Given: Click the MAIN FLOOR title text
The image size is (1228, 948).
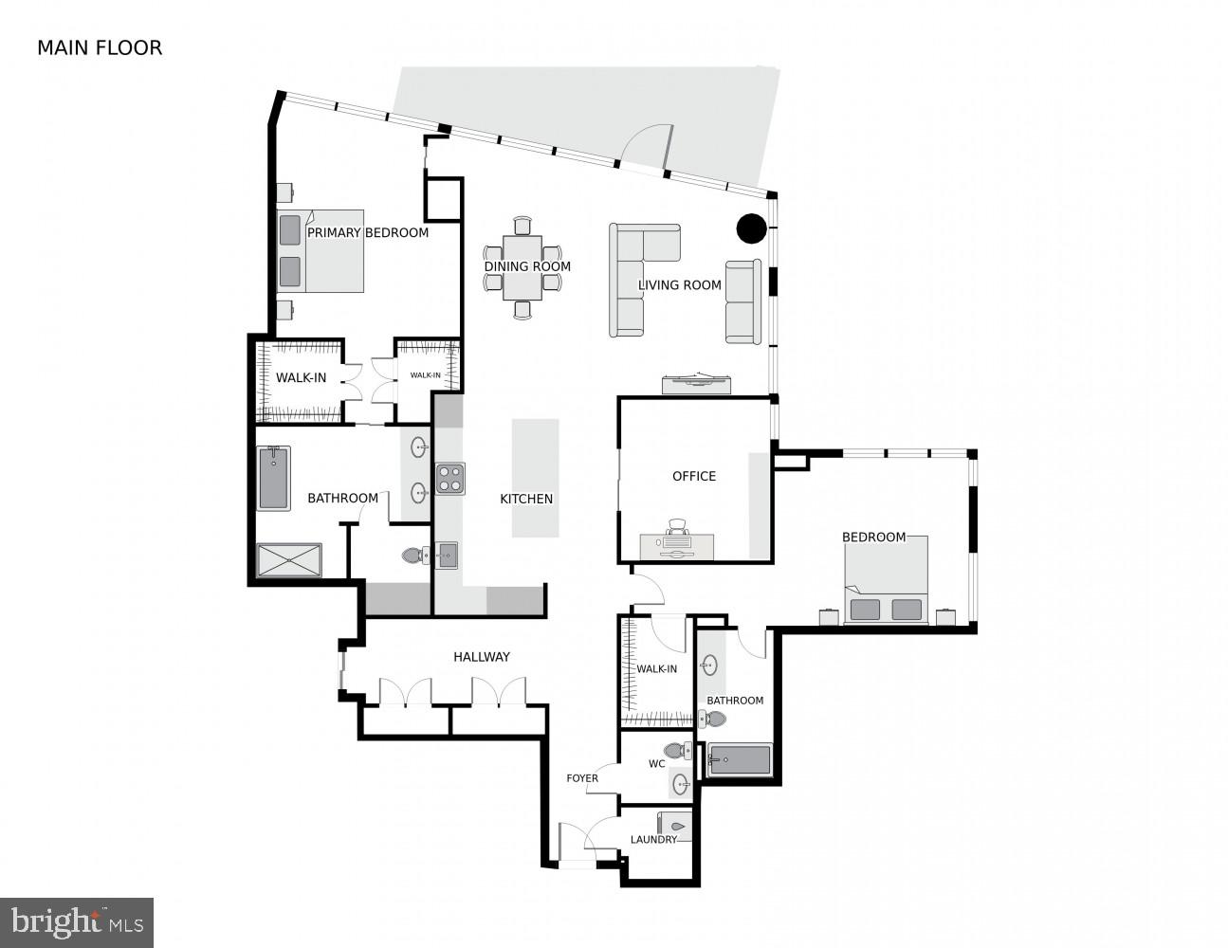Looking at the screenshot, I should click(x=100, y=47).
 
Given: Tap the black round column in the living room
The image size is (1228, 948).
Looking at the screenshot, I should click(x=752, y=228).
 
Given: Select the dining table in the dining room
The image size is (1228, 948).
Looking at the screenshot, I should click(x=522, y=267).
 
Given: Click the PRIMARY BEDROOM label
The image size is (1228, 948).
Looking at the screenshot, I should click(x=367, y=232).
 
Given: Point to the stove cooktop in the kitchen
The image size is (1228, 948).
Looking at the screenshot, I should click(x=450, y=478).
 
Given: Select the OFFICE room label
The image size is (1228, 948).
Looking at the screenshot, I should click(x=694, y=476).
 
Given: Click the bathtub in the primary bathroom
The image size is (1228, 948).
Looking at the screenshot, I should click(x=273, y=478).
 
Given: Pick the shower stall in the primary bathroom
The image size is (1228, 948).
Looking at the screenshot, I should click(x=288, y=560).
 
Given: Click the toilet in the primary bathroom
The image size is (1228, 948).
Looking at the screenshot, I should click(x=413, y=556).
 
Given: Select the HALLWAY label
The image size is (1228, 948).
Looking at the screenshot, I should click(x=482, y=656).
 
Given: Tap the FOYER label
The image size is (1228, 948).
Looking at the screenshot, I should click(x=582, y=778).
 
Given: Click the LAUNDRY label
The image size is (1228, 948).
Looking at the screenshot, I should click(x=653, y=839).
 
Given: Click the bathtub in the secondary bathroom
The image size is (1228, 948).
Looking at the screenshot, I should click(x=740, y=759).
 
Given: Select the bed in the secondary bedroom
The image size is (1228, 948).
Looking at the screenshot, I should click(x=886, y=580).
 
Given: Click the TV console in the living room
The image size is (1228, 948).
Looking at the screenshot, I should click(x=698, y=382).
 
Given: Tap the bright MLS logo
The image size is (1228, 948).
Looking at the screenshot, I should click(x=77, y=921).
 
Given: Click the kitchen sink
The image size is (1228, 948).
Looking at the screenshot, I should click(x=447, y=555).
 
